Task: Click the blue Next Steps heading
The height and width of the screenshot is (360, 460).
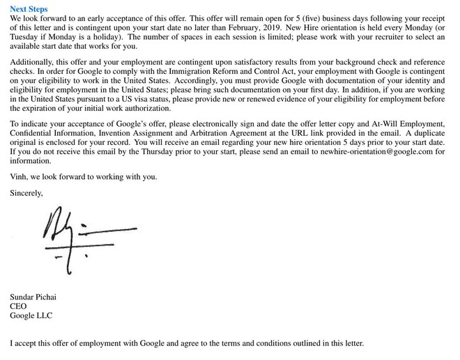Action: click(29, 8)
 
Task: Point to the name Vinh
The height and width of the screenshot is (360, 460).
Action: click(20, 177)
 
